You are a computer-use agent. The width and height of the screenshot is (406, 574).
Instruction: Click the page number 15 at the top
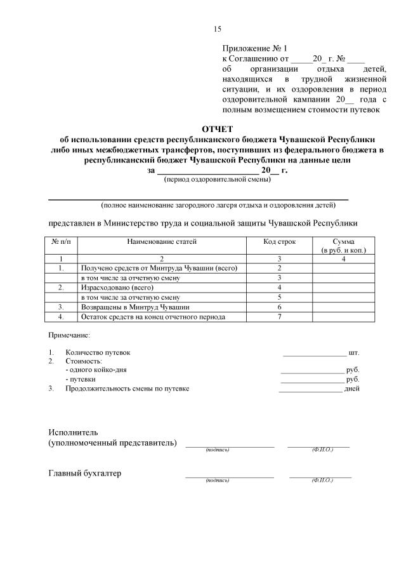pyautogui.click(x=217, y=29)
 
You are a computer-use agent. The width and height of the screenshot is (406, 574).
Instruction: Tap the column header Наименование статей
pyautogui.click(x=162, y=241)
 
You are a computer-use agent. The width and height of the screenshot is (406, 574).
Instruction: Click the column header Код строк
pyautogui.click(x=279, y=241)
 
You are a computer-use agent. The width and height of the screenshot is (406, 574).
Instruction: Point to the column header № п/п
pyautogui.click(x=61, y=241)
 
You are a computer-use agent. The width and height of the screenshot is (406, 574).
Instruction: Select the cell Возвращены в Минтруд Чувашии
pyautogui.click(x=126, y=306)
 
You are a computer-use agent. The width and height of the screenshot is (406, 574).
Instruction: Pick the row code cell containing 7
pyautogui.click(x=279, y=316)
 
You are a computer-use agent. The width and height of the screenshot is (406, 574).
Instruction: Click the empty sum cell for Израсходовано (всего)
pyautogui.click(x=343, y=287)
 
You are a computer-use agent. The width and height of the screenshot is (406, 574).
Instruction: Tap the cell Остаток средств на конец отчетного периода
pyautogui.click(x=152, y=316)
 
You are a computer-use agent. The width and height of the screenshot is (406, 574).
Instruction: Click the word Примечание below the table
pyautogui.click(x=69, y=334)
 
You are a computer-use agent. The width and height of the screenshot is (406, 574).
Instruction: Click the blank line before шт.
pyautogui.click(x=314, y=353)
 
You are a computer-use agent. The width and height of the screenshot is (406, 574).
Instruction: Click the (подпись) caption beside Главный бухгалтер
pyautogui.click(x=217, y=480)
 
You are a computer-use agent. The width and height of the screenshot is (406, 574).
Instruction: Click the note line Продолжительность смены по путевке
pyautogui.click(x=127, y=389)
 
